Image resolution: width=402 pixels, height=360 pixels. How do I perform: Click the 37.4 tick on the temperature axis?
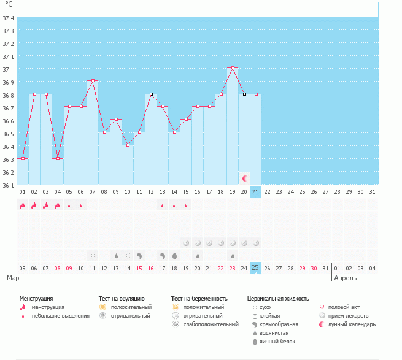click(x=9, y=18)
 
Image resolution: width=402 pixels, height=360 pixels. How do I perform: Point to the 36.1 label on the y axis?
click(x=9, y=185)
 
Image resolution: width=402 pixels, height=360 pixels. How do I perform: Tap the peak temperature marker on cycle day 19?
click(x=233, y=68)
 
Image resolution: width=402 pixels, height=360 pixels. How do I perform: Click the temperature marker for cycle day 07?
click(x=93, y=81)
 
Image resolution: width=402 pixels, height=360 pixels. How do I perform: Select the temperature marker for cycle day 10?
click(x=128, y=145)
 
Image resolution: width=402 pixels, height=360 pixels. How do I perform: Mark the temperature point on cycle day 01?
click(x=23, y=158)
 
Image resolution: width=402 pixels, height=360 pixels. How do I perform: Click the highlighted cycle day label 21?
click(x=256, y=192)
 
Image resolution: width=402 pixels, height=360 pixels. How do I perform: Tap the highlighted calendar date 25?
click(x=256, y=267)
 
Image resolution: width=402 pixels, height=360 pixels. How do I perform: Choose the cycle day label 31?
click(x=373, y=192)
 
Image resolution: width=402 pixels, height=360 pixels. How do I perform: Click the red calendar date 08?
click(x=58, y=268)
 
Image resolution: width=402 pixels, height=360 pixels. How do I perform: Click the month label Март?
click(x=15, y=278)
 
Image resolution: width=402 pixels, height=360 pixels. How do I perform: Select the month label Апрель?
click(x=344, y=278)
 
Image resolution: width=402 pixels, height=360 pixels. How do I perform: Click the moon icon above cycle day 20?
click(x=245, y=178)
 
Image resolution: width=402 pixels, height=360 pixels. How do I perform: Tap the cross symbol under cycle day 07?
click(x=93, y=255)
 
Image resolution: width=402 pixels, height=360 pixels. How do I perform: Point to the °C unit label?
click(x=9, y=5)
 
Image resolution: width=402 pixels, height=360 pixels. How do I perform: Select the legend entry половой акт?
click(x=345, y=307)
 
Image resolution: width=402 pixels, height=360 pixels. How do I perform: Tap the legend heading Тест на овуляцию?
click(x=122, y=298)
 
